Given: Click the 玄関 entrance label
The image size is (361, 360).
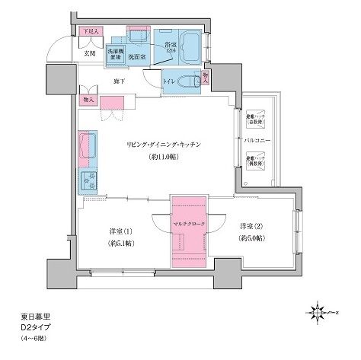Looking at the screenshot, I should point(89,54).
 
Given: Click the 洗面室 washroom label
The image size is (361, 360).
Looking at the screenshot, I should point(137,56).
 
